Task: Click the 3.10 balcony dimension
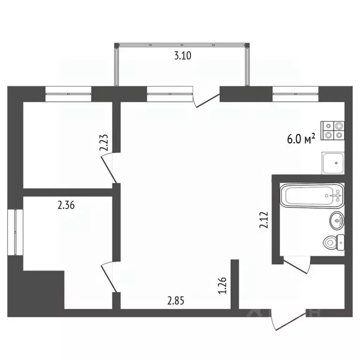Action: pyautogui.click(x=183, y=56)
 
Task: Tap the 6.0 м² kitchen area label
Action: pyautogui.click(x=301, y=138)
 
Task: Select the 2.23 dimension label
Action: pyautogui.click(x=104, y=142)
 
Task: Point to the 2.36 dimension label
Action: pyautogui.click(x=66, y=205)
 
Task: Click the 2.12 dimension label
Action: pyautogui.click(x=264, y=220)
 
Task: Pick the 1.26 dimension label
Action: pyautogui.click(x=222, y=285)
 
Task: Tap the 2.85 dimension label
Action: pyautogui.click(x=176, y=300)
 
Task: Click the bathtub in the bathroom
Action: pyautogui.click(x=312, y=195)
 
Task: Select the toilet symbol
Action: pyautogui.click(x=334, y=243)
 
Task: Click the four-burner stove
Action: pyautogui.click(x=332, y=130)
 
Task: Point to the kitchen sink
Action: pyautogui.click(x=333, y=163)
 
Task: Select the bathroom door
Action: pyautogui.click(x=297, y=266)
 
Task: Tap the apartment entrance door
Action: pyautogui.click(x=289, y=320)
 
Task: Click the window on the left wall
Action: pyautogui.click(x=15, y=232)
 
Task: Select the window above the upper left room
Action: pyautogui.click(x=68, y=94)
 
